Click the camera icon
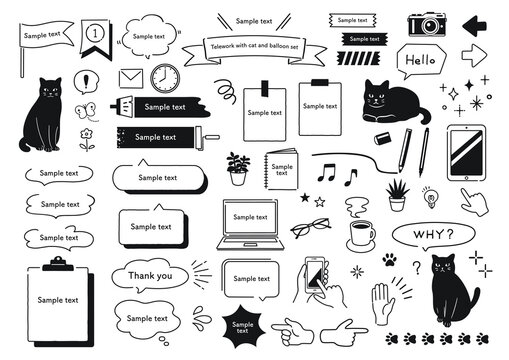click(427, 24)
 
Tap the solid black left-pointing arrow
click(474, 26)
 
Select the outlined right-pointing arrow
click(474, 55)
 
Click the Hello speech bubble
click(421, 61)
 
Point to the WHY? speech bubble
click(433, 235)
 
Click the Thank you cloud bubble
click(150, 276)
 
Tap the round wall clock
click(165, 78)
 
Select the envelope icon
click(131, 79)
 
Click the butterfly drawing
click(86, 110)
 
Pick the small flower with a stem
click(87, 139)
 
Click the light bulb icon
click(431, 197)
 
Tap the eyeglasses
click(311, 227)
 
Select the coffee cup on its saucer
click(361, 236)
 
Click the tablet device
click(467, 153)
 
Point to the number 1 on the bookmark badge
click(95, 33)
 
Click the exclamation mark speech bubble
click(86, 82)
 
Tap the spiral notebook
click(281, 169)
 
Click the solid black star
click(305, 198)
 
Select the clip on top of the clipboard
click(58, 263)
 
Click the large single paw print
click(390, 260)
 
